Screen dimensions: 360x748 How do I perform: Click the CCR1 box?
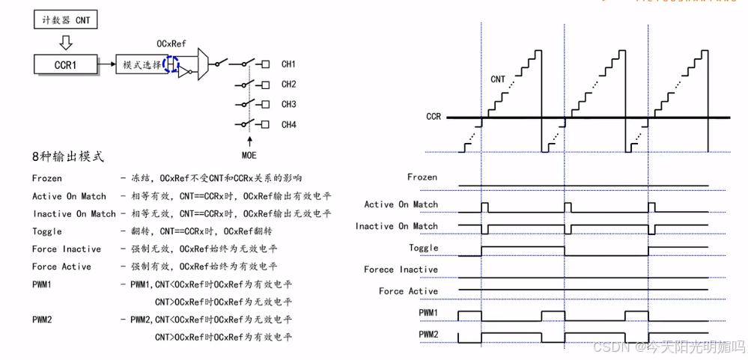[x=66, y=65]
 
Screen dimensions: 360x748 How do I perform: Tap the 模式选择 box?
[x=142, y=65]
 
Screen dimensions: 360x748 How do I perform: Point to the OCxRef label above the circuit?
[x=171, y=44]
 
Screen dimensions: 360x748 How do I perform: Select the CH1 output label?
[x=288, y=64]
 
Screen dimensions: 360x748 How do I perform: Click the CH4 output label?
[x=288, y=124]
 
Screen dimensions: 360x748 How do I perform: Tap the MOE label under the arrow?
[x=249, y=156]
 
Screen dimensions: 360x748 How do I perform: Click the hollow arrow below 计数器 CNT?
[x=65, y=41]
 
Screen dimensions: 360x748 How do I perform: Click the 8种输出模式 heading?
[x=67, y=157]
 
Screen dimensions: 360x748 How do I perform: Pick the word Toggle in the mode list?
[x=47, y=232]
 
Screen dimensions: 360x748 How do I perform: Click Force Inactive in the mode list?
[x=67, y=249]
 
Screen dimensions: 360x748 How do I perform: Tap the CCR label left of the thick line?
[x=434, y=117]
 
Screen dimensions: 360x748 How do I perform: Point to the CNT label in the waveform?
[x=498, y=79]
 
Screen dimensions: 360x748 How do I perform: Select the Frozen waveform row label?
[x=422, y=177]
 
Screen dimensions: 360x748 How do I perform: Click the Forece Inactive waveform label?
[x=401, y=269]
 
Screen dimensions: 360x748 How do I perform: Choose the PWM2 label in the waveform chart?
[x=428, y=334]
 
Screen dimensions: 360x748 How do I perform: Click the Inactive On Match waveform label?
[x=397, y=226]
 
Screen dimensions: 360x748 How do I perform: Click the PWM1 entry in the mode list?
[x=42, y=285]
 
